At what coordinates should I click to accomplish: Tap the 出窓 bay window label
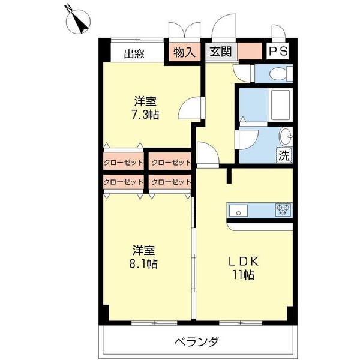click(134, 53)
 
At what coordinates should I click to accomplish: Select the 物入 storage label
click(184, 52)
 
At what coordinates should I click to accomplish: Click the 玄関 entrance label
click(221, 52)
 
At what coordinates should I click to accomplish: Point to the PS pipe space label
click(278, 52)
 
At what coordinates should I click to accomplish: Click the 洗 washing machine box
click(284, 154)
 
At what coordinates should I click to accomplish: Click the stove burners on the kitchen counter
click(283, 210)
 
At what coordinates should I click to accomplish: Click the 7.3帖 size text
click(146, 114)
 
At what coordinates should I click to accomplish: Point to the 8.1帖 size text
click(145, 263)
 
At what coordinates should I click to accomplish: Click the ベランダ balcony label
click(197, 342)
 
